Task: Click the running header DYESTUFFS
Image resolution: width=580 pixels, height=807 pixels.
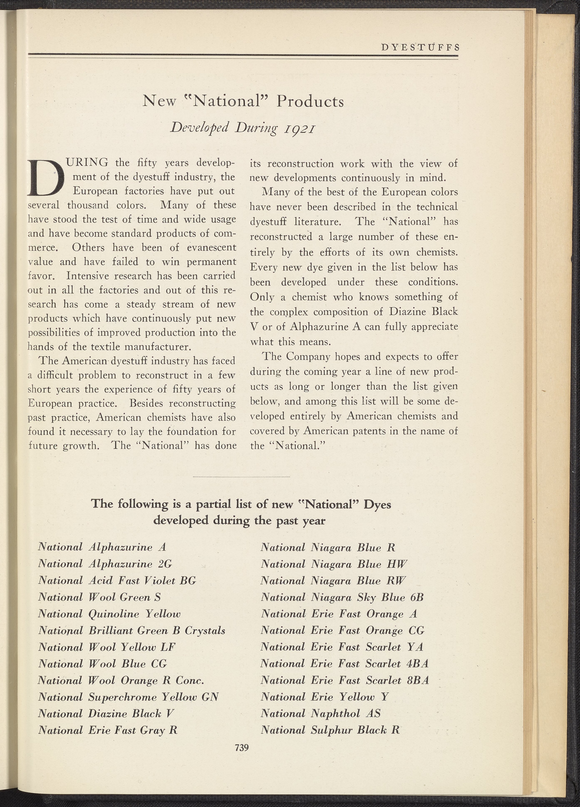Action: pos(420,47)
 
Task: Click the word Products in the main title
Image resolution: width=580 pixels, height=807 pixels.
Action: pos(310,102)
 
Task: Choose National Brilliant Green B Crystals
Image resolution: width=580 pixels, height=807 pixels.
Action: pos(131,630)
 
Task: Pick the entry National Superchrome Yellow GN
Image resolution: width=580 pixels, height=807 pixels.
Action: pos(128,697)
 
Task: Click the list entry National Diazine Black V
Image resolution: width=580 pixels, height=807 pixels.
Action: pos(106,714)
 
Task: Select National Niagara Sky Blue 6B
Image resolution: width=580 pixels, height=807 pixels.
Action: pos(342,597)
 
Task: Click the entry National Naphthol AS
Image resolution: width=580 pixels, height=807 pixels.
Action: pos(320,714)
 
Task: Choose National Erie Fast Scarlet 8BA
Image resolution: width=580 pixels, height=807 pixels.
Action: pos(345,680)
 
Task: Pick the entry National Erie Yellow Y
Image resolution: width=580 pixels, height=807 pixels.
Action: pos(324,697)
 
